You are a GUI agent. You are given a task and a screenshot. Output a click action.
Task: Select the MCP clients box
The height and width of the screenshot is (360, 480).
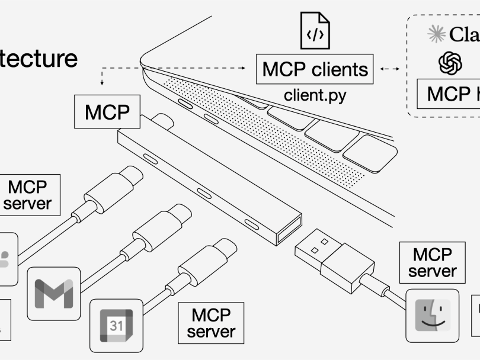click(315, 69)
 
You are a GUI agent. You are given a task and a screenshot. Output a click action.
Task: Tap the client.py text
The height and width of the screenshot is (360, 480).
click(315, 95)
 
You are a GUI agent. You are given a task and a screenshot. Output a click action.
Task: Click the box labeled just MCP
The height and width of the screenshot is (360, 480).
click(107, 112)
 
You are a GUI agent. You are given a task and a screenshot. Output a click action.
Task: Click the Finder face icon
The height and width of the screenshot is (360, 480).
click(433, 315)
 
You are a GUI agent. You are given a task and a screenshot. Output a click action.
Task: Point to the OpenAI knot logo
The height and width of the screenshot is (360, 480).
click(450, 63)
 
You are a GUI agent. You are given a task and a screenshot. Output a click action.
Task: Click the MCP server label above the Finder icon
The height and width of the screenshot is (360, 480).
click(433, 263)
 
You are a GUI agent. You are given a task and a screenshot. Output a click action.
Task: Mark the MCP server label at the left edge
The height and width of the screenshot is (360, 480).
click(27, 195)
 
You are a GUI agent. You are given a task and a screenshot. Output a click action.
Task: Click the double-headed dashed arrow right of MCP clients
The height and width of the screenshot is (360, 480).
click(389, 69)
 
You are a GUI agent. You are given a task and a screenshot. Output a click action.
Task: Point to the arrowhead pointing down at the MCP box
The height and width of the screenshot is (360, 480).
click(103, 83)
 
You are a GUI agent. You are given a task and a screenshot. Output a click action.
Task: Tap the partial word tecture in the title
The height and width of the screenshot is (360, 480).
click(39, 58)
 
